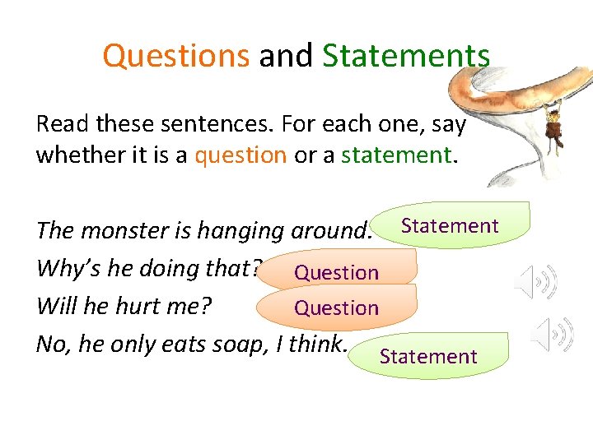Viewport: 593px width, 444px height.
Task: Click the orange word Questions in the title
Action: pos(175,56)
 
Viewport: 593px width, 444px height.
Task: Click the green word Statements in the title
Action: pos(406,56)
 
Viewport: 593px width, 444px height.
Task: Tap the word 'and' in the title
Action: pos(286,56)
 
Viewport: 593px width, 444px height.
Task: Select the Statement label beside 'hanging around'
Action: pos(450,226)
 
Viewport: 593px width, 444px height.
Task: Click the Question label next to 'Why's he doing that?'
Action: pos(337,272)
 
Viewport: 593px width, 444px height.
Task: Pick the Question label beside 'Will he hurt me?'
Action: pos(337,308)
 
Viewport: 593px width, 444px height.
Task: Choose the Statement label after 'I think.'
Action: pos(428,356)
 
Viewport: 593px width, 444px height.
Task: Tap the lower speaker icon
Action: pos(553,335)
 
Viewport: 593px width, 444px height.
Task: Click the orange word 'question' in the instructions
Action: pos(240,155)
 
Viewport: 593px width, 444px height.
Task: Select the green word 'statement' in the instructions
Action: pos(396,155)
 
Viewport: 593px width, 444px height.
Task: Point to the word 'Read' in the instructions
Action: pos(63,125)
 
